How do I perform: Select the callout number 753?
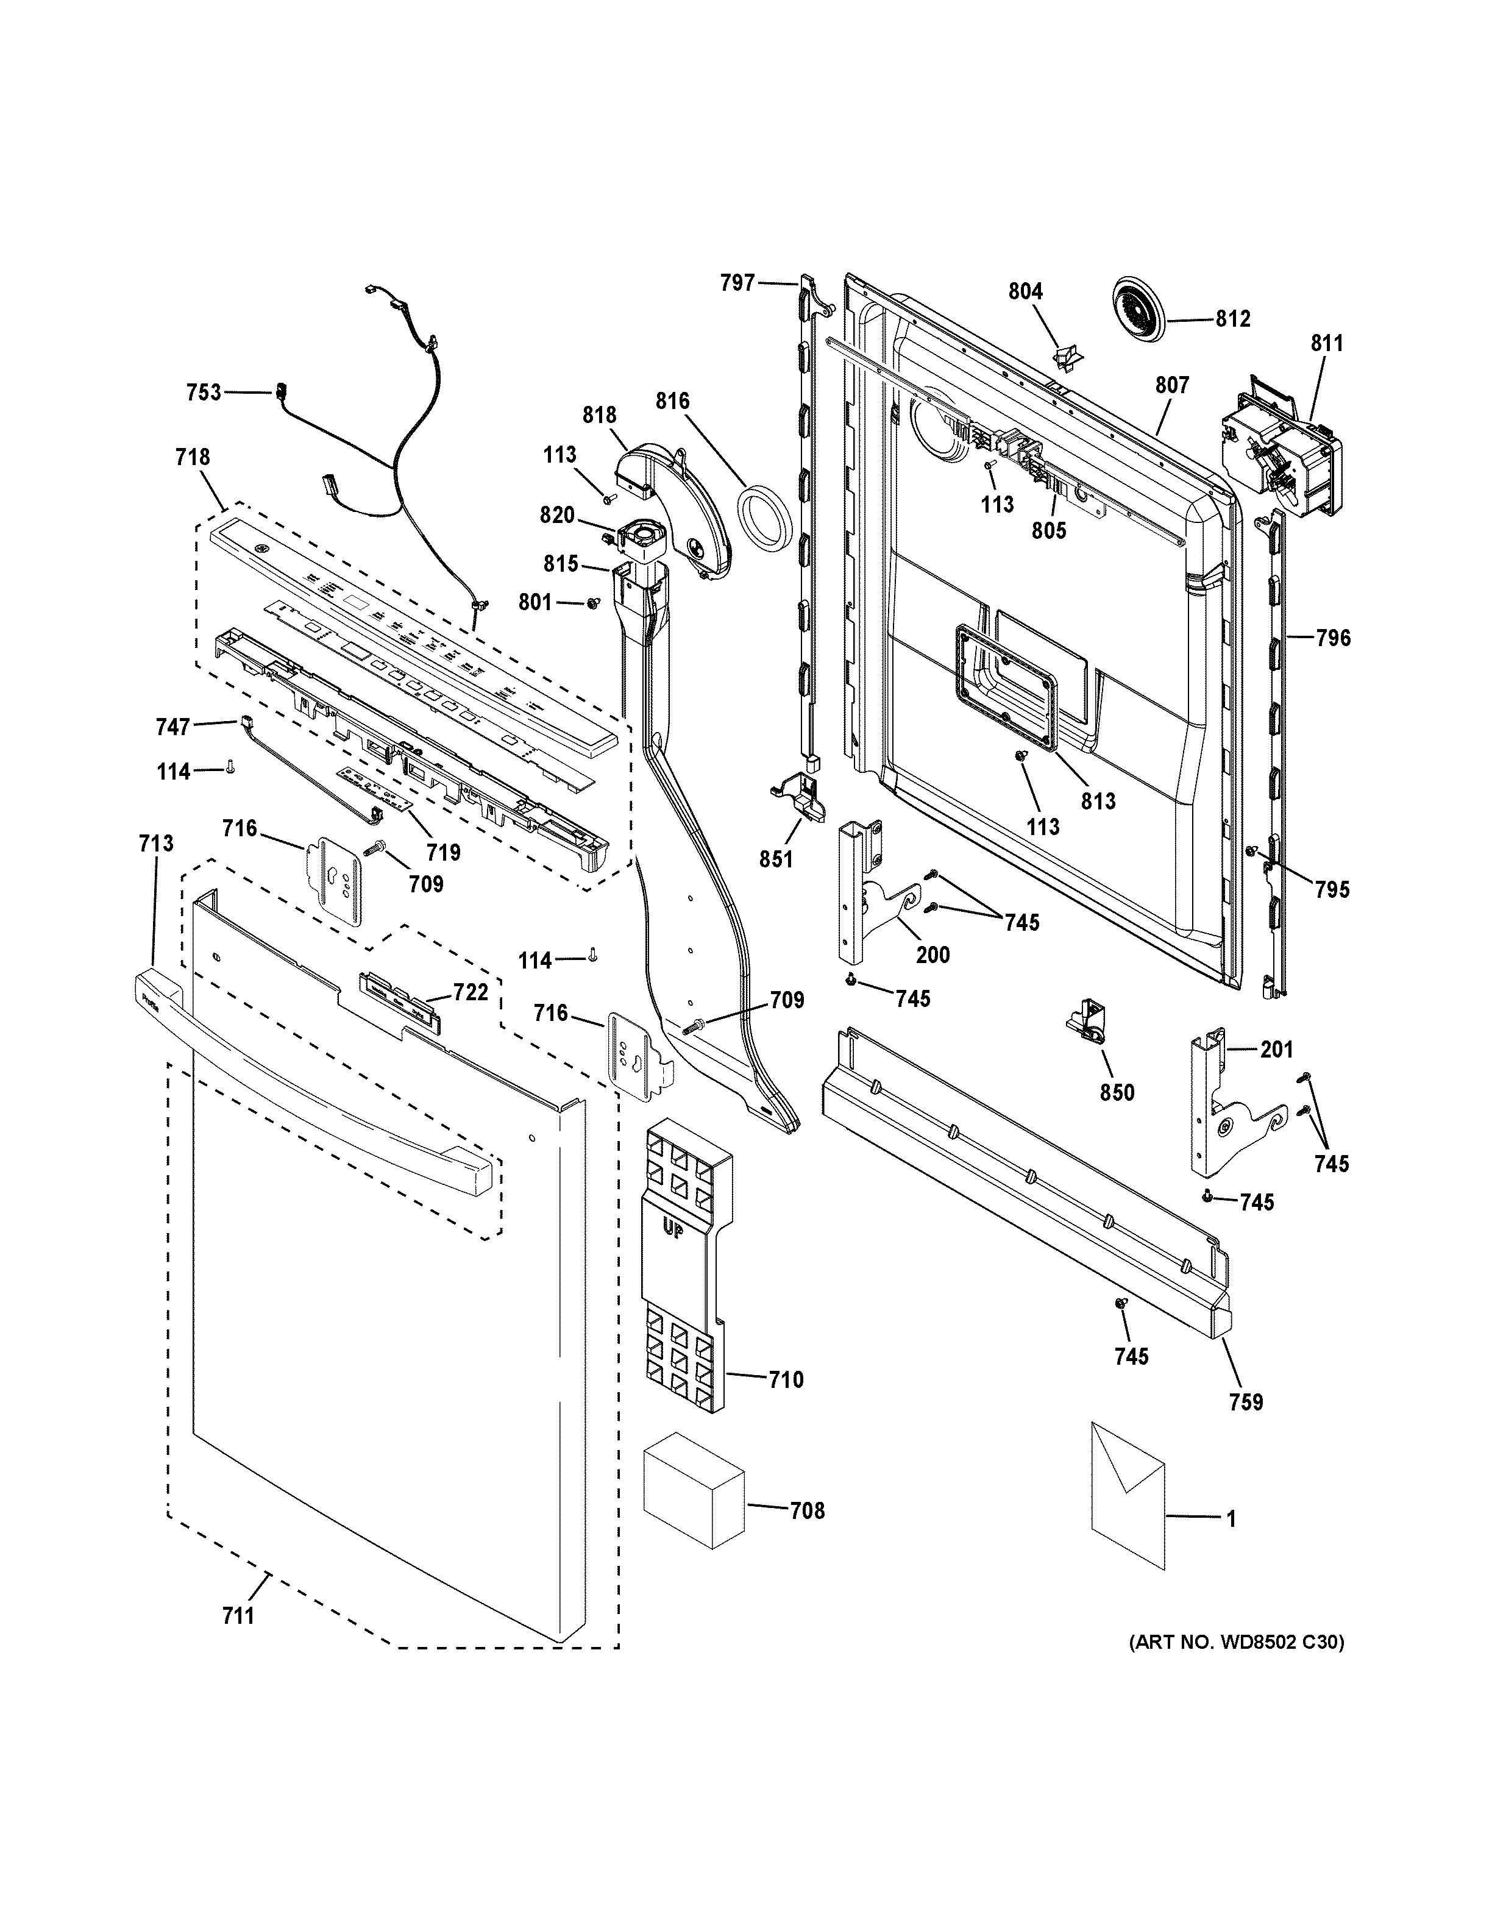[204, 393]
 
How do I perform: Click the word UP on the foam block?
[673, 1228]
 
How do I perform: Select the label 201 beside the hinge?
[1276, 1050]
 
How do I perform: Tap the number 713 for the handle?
[155, 844]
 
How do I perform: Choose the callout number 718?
[193, 457]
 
